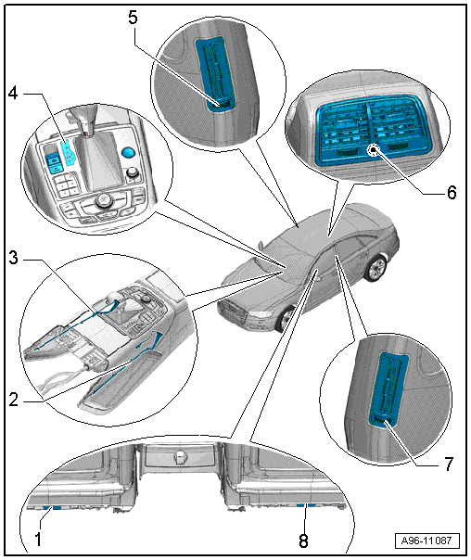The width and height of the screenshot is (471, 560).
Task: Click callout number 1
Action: [x=38, y=539]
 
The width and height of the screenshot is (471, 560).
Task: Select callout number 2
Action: [x=14, y=400]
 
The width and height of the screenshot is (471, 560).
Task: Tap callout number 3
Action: [x=14, y=258]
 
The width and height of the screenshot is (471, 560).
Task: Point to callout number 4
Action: [x=13, y=94]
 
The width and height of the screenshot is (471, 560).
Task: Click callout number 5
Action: [x=133, y=18]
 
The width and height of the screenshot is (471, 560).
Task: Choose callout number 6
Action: [x=452, y=193]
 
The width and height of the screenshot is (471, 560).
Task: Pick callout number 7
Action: [x=449, y=465]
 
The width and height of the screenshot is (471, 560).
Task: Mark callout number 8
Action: [x=303, y=541]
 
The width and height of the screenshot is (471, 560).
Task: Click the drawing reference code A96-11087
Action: [x=426, y=541]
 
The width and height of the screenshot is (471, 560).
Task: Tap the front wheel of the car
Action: [x=285, y=319]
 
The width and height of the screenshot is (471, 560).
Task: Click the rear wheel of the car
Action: [x=377, y=268]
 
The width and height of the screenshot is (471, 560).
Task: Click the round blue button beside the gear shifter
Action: [x=128, y=152]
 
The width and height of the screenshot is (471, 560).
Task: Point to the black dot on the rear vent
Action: [x=374, y=150]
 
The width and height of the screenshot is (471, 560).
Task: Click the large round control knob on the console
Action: [x=104, y=200]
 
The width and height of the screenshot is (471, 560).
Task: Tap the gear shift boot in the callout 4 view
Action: [x=98, y=160]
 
